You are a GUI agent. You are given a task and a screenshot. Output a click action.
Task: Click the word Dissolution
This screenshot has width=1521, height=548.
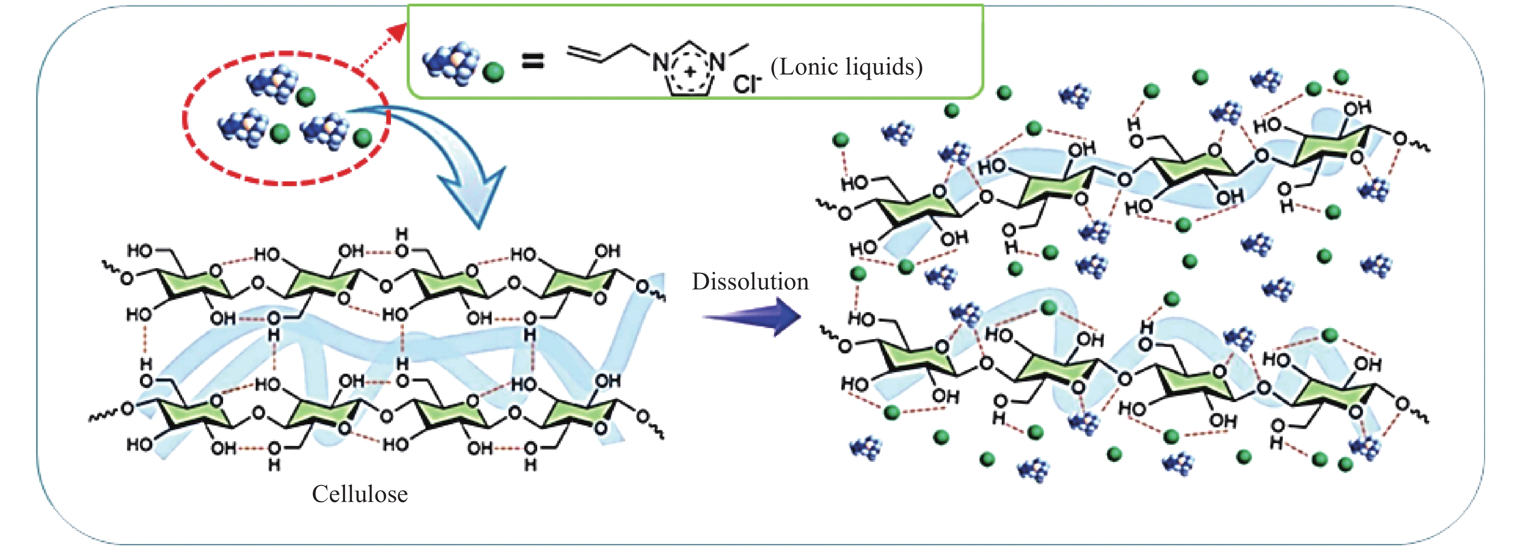[x=750, y=282]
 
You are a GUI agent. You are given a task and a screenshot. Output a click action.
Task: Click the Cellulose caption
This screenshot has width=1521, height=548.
[x=360, y=494]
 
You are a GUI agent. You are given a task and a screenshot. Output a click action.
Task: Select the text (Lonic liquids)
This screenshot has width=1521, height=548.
[x=846, y=67]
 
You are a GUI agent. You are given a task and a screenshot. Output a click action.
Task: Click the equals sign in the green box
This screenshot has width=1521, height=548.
[x=532, y=61]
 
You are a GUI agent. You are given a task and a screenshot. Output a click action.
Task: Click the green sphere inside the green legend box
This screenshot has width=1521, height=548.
[x=494, y=73]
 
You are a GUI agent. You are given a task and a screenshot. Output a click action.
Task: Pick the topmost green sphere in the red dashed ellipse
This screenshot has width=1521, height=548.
[x=305, y=96]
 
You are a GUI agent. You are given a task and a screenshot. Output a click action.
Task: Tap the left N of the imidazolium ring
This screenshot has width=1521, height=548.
[x=660, y=62]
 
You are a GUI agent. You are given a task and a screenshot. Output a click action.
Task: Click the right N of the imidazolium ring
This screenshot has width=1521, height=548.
[x=717, y=61]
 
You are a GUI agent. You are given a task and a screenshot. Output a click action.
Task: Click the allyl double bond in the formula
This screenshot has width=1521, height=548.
[x=585, y=54]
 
